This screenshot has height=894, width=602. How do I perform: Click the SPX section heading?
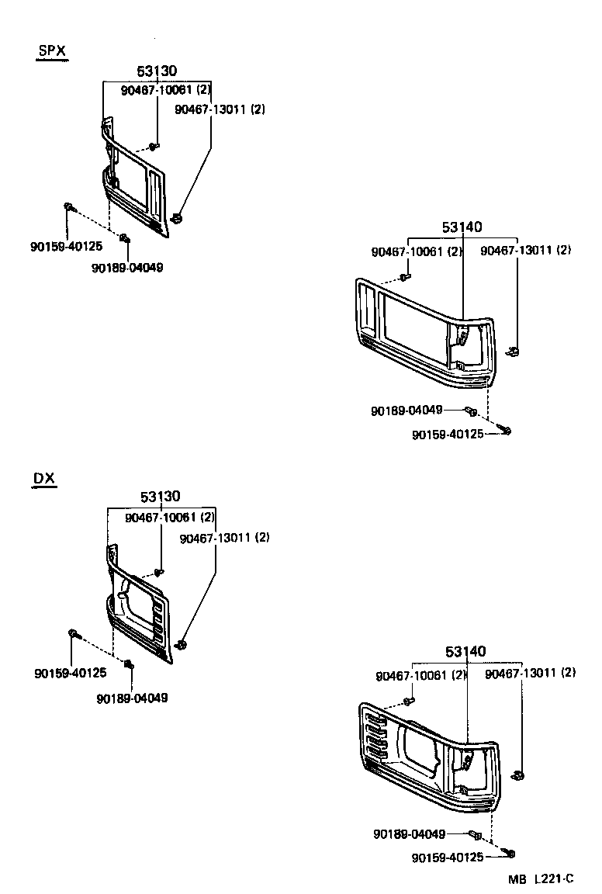(x=52, y=51)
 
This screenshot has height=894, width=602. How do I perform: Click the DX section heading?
(x=44, y=478)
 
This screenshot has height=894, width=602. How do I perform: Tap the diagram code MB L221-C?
(x=541, y=878)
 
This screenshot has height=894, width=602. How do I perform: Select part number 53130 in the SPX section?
(x=157, y=71)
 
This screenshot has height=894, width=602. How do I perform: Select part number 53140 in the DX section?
(x=465, y=651)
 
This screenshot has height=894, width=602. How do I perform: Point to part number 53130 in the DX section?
(x=161, y=497)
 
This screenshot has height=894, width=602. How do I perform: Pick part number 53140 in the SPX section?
(x=462, y=227)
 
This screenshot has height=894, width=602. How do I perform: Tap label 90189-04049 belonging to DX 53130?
(x=132, y=698)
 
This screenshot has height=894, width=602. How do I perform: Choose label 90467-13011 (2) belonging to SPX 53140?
(x=525, y=251)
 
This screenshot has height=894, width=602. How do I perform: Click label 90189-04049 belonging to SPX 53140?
(x=407, y=410)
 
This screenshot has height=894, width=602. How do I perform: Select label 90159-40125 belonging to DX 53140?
(x=447, y=857)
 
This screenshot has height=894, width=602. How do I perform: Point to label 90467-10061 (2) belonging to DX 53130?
(x=170, y=517)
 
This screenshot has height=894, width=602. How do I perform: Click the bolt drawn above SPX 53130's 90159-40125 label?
(x=68, y=206)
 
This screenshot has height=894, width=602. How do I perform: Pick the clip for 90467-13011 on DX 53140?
(x=519, y=774)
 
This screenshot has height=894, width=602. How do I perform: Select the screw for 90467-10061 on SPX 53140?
(x=405, y=276)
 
